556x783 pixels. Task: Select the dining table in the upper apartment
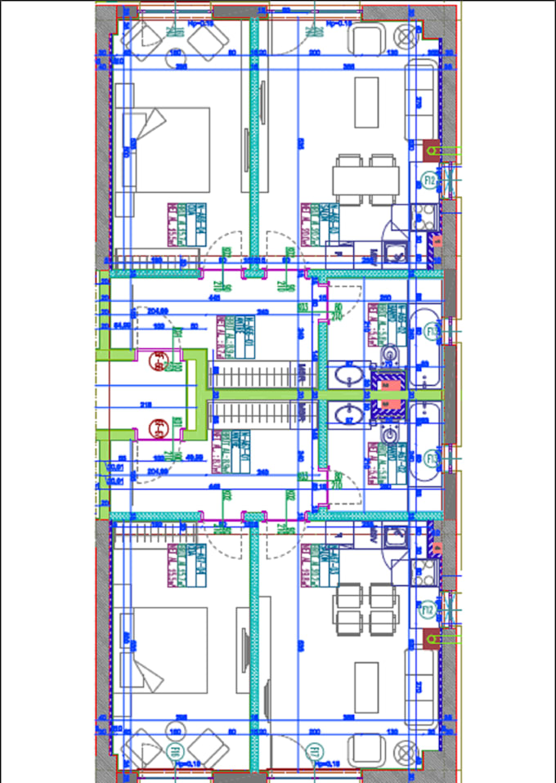click(365, 179)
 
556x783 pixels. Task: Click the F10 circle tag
click(174, 750)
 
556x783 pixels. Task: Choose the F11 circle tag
click(312, 750)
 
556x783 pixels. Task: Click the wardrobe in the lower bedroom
click(253, 646)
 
